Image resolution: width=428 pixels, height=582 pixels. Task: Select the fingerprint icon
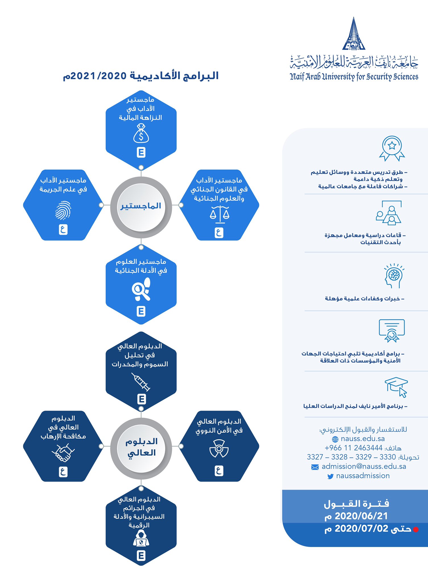point(63,210)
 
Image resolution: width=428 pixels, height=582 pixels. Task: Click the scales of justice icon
point(219,214)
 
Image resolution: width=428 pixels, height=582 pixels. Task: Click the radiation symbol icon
point(219,448)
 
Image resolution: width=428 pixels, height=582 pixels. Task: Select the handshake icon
point(63,452)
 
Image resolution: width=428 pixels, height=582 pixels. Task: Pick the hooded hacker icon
point(141,538)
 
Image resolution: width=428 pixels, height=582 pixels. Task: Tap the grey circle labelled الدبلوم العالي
point(141,447)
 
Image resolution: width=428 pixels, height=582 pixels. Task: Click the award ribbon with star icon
point(392,148)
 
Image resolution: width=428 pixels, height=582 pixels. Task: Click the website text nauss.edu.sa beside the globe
point(363,439)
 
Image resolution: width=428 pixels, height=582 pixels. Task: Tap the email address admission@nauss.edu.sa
point(364,467)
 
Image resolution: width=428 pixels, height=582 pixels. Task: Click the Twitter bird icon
point(330,476)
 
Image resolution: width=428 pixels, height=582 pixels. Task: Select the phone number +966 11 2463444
point(353,448)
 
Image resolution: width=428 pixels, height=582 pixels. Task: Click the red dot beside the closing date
point(416,529)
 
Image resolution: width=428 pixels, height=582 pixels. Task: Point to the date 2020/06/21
point(361,516)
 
